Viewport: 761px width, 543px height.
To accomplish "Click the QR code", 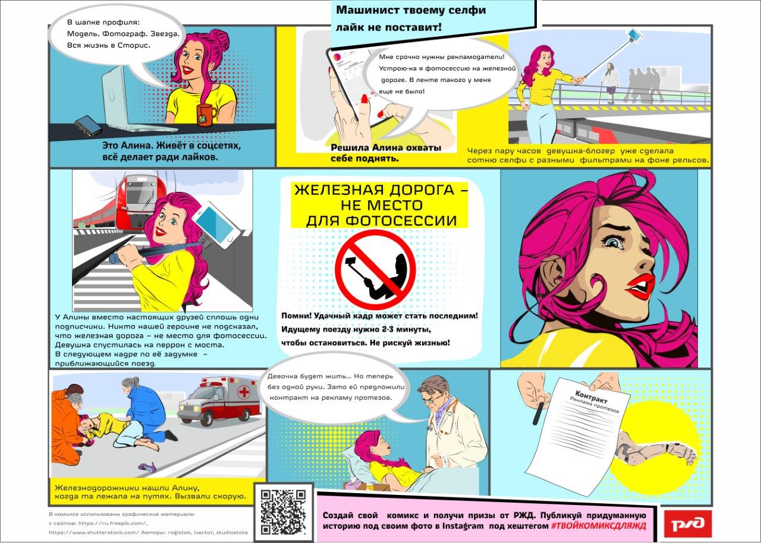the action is (x=283, y=513).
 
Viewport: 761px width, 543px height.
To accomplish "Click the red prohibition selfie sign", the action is (x=375, y=266).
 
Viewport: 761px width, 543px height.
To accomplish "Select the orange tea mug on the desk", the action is (x=206, y=115).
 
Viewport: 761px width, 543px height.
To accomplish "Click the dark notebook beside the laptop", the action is (x=89, y=125).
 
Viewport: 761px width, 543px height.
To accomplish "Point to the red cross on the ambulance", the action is (x=244, y=393).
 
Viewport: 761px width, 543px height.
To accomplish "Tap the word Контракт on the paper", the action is (x=591, y=396).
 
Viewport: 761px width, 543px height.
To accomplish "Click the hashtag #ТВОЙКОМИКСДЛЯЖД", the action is (x=598, y=526).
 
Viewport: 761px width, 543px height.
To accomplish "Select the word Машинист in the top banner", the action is (x=367, y=10).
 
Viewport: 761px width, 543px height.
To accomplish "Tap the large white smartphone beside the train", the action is (x=216, y=225).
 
